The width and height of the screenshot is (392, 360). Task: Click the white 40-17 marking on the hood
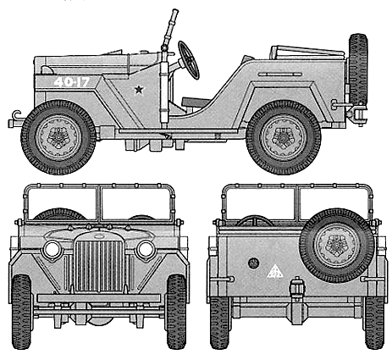(72, 82)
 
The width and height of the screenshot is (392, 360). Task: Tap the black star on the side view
(139, 90)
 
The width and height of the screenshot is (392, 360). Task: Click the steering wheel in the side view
(189, 60)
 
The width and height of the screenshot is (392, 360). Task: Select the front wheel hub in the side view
(58, 137)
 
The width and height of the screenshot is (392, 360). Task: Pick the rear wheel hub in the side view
(284, 137)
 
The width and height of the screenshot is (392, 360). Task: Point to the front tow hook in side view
(15, 119)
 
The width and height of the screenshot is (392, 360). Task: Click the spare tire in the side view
(358, 69)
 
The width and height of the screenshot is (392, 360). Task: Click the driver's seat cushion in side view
(196, 101)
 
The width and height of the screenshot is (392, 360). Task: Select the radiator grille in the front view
(99, 266)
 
